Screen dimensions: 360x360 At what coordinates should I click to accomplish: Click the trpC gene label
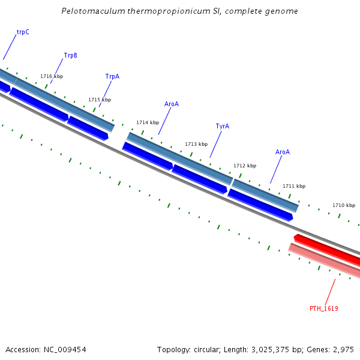[23, 32]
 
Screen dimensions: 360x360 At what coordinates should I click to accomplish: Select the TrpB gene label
[70, 56]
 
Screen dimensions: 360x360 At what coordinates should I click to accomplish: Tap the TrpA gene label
[112, 77]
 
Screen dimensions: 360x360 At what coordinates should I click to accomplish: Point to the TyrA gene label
[222, 127]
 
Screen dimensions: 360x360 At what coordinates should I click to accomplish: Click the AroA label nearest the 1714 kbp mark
[172, 104]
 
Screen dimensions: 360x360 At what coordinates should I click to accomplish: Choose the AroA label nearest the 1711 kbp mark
[283, 152]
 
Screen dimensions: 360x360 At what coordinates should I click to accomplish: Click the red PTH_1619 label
[324, 308]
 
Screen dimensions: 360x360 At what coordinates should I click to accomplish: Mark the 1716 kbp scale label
[52, 77]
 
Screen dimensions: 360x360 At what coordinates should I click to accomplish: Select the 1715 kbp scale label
[100, 100]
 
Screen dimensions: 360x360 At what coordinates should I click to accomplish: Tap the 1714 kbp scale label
[148, 123]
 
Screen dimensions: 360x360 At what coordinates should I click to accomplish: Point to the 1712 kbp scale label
[245, 166]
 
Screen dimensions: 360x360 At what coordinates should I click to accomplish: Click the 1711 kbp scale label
[294, 187]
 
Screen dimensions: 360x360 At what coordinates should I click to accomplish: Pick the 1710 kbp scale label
[344, 206]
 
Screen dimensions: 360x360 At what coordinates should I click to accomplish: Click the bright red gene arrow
[327, 250]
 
